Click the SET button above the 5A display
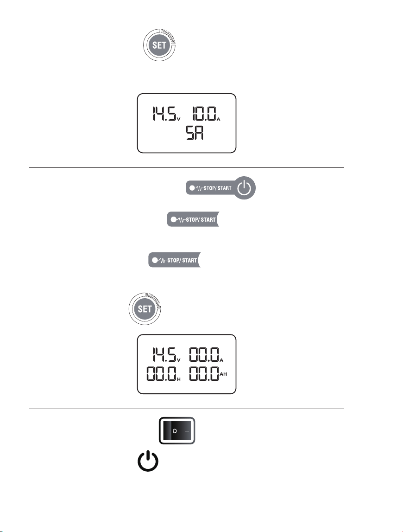(x=159, y=45)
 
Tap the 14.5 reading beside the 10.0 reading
(x=164, y=114)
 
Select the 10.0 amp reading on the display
(x=204, y=114)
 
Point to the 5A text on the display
(x=194, y=133)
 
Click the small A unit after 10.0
(x=219, y=119)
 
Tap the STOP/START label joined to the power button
(x=217, y=188)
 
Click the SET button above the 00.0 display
(x=145, y=309)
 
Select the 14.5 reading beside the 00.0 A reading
(x=164, y=354)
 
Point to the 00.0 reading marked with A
(x=204, y=354)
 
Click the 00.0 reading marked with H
(x=161, y=373)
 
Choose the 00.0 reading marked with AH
(x=204, y=373)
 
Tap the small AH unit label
(x=223, y=374)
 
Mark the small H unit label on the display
(x=179, y=379)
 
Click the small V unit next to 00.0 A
(x=179, y=360)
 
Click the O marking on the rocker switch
(x=175, y=431)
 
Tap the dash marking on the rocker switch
(x=187, y=431)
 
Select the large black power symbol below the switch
(x=148, y=461)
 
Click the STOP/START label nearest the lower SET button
(x=182, y=261)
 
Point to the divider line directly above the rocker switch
(x=186, y=409)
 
